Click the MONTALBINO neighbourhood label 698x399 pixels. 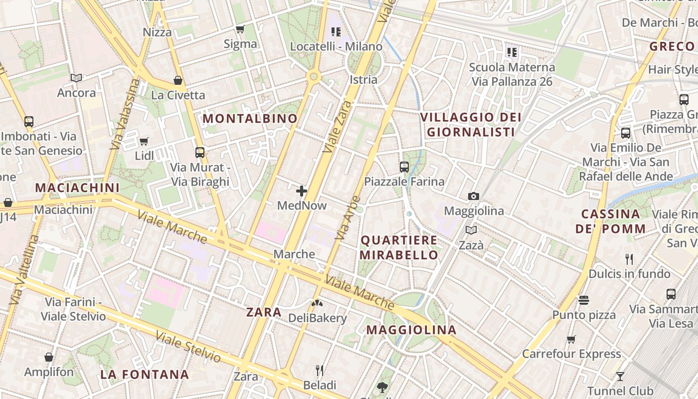250,118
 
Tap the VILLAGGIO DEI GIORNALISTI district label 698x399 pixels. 471,125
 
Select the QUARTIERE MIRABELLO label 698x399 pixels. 399,247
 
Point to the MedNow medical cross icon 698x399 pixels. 302,191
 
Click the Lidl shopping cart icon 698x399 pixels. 144,141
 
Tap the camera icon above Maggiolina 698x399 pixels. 473,197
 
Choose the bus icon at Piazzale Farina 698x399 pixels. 404,167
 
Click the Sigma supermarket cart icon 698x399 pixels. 240,29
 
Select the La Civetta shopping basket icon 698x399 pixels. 177,80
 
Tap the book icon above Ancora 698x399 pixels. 76,78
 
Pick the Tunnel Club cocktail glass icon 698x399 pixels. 620,376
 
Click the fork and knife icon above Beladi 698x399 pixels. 320,370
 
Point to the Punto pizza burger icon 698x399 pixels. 584,300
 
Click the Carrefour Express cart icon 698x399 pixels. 571,339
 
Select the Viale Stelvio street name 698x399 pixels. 188,347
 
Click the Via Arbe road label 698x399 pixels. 348,218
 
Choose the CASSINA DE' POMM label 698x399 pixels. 610,221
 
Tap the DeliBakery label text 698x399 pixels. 318,318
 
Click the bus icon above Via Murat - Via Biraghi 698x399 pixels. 200,153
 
